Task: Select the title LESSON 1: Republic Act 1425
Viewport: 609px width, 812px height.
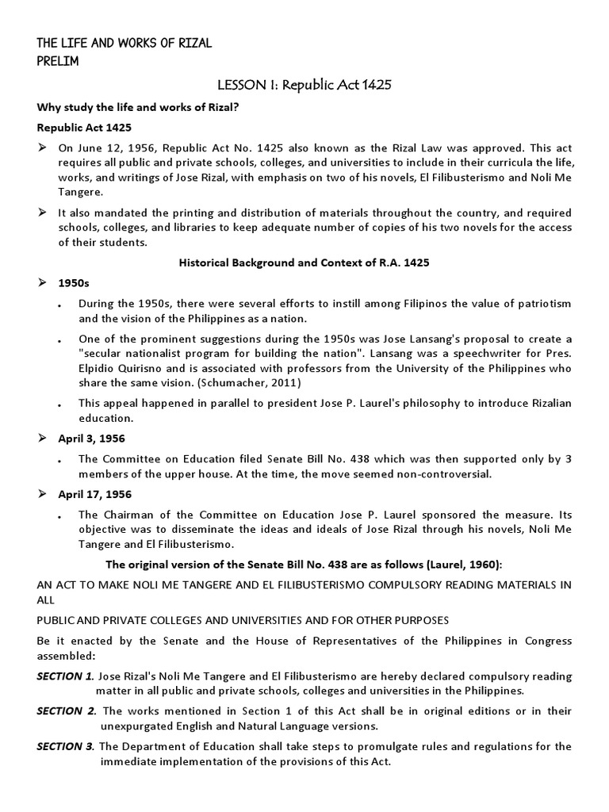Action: (304, 85)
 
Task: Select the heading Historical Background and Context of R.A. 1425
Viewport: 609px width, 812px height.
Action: (304, 262)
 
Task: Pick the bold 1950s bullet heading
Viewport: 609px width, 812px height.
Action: (74, 283)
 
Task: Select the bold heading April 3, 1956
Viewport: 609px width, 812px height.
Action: (91, 439)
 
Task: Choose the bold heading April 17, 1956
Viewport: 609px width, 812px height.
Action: (94, 494)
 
